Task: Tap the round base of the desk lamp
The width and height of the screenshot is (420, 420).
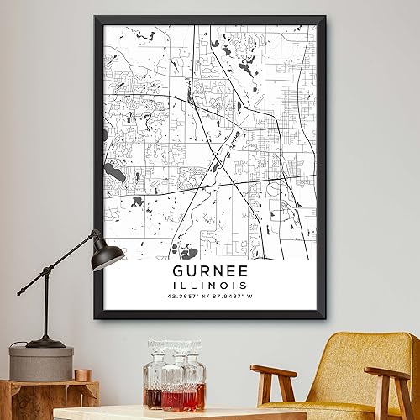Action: point(45,342)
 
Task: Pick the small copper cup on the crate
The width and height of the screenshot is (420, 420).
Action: point(81,375)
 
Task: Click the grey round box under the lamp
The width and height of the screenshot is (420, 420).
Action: point(41,364)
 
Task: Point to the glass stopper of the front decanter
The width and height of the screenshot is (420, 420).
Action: point(171,347)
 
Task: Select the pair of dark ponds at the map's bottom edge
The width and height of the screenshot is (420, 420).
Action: point(184,250)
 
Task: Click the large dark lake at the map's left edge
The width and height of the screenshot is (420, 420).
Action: point(115,176)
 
